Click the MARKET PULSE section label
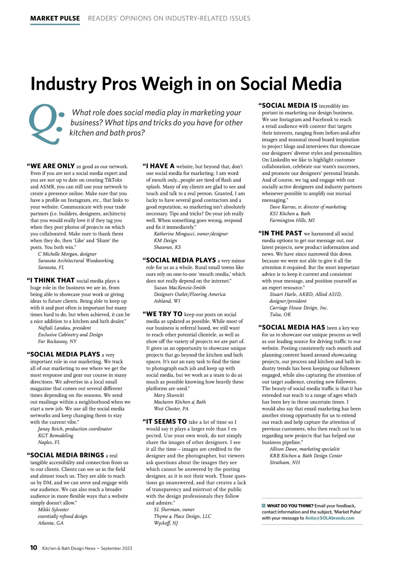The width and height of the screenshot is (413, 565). pyautogui.click(x=55, y=18)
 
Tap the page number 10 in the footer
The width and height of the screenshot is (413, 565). pyautogui.click(x=34, y=548)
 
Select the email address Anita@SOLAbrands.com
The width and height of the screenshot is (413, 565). pyautogui.click(x=329, y=518)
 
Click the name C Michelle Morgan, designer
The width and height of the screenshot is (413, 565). pyautogui.click(x=67, y=254)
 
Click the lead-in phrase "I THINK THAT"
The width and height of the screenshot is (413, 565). pyautogui.click(x=52, y=280)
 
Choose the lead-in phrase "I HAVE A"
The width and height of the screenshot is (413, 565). pyautogui.click(x=160, y=166)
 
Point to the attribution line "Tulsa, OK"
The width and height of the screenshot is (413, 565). pyautogui.click(x=280, y=314)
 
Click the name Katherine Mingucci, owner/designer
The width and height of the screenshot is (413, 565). pyautogui.click(x=191, y=234)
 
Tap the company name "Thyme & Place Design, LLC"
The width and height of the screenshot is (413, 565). pyautogui.click(x=182, y=516)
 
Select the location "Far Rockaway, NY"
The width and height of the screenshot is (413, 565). pyautogui.click(x=57, y=341)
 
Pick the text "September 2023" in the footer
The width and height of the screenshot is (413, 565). pyautogui.click(x=116, y=548)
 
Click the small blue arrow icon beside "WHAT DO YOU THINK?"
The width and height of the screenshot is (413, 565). pyautogui.click(x=264, y=505)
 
